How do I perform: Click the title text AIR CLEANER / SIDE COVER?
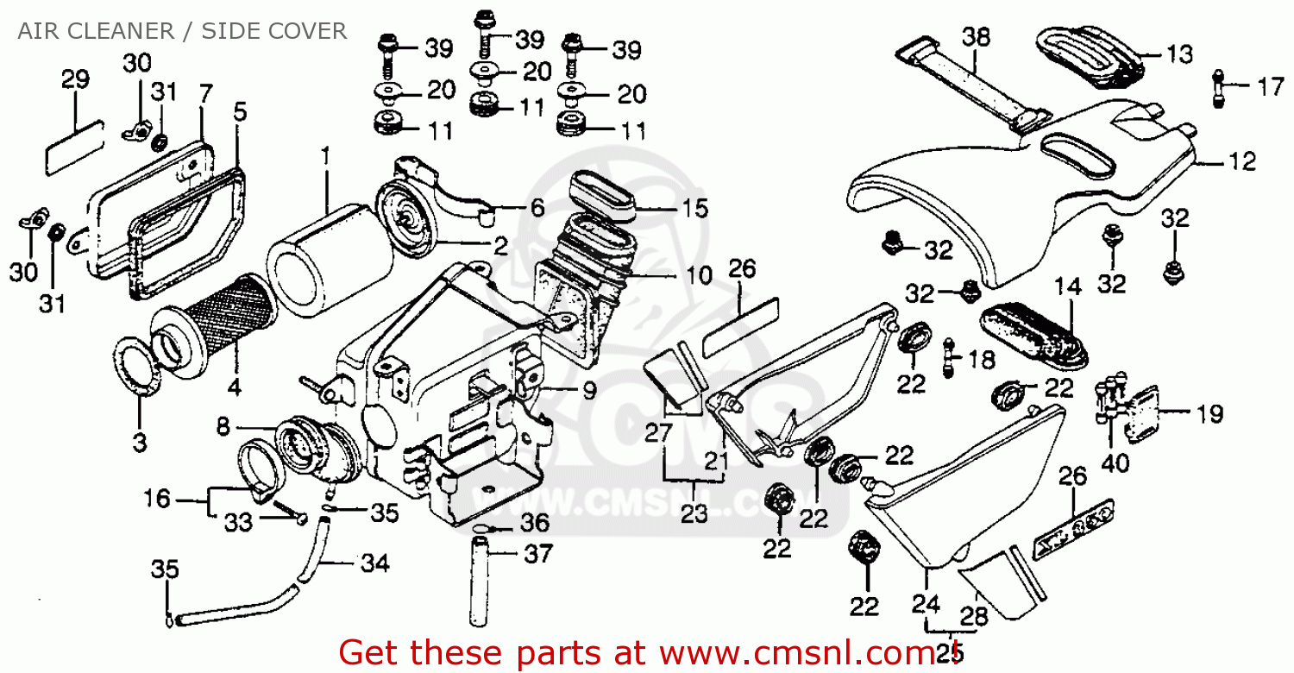pos(183,32)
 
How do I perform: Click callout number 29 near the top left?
pos(75,80)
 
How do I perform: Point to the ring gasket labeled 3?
pos(138,367)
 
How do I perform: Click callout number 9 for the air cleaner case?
pos(587,391)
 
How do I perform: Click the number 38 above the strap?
pos(976,37)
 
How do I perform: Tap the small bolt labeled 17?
pos(1218,87)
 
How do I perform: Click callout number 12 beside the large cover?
pos(1243,160)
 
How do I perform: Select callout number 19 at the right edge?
pos(1209,414)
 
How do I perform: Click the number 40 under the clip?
pos(1114,463)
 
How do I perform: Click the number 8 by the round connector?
pos(223,425)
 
